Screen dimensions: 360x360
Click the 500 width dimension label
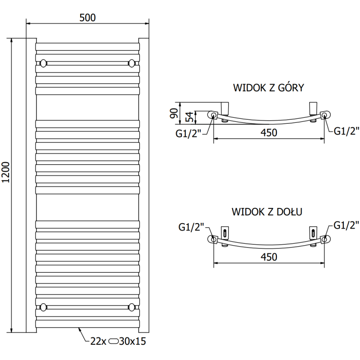87,18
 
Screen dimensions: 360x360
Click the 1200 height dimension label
5,172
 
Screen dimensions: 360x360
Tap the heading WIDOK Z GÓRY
269,88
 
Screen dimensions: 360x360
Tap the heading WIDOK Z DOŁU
267,211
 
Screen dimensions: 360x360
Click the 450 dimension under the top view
269,133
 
